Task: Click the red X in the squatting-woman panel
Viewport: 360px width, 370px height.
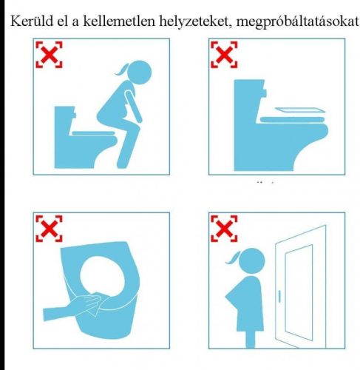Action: coord(49,54)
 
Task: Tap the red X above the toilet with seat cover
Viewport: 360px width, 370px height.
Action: coord(224,54)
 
